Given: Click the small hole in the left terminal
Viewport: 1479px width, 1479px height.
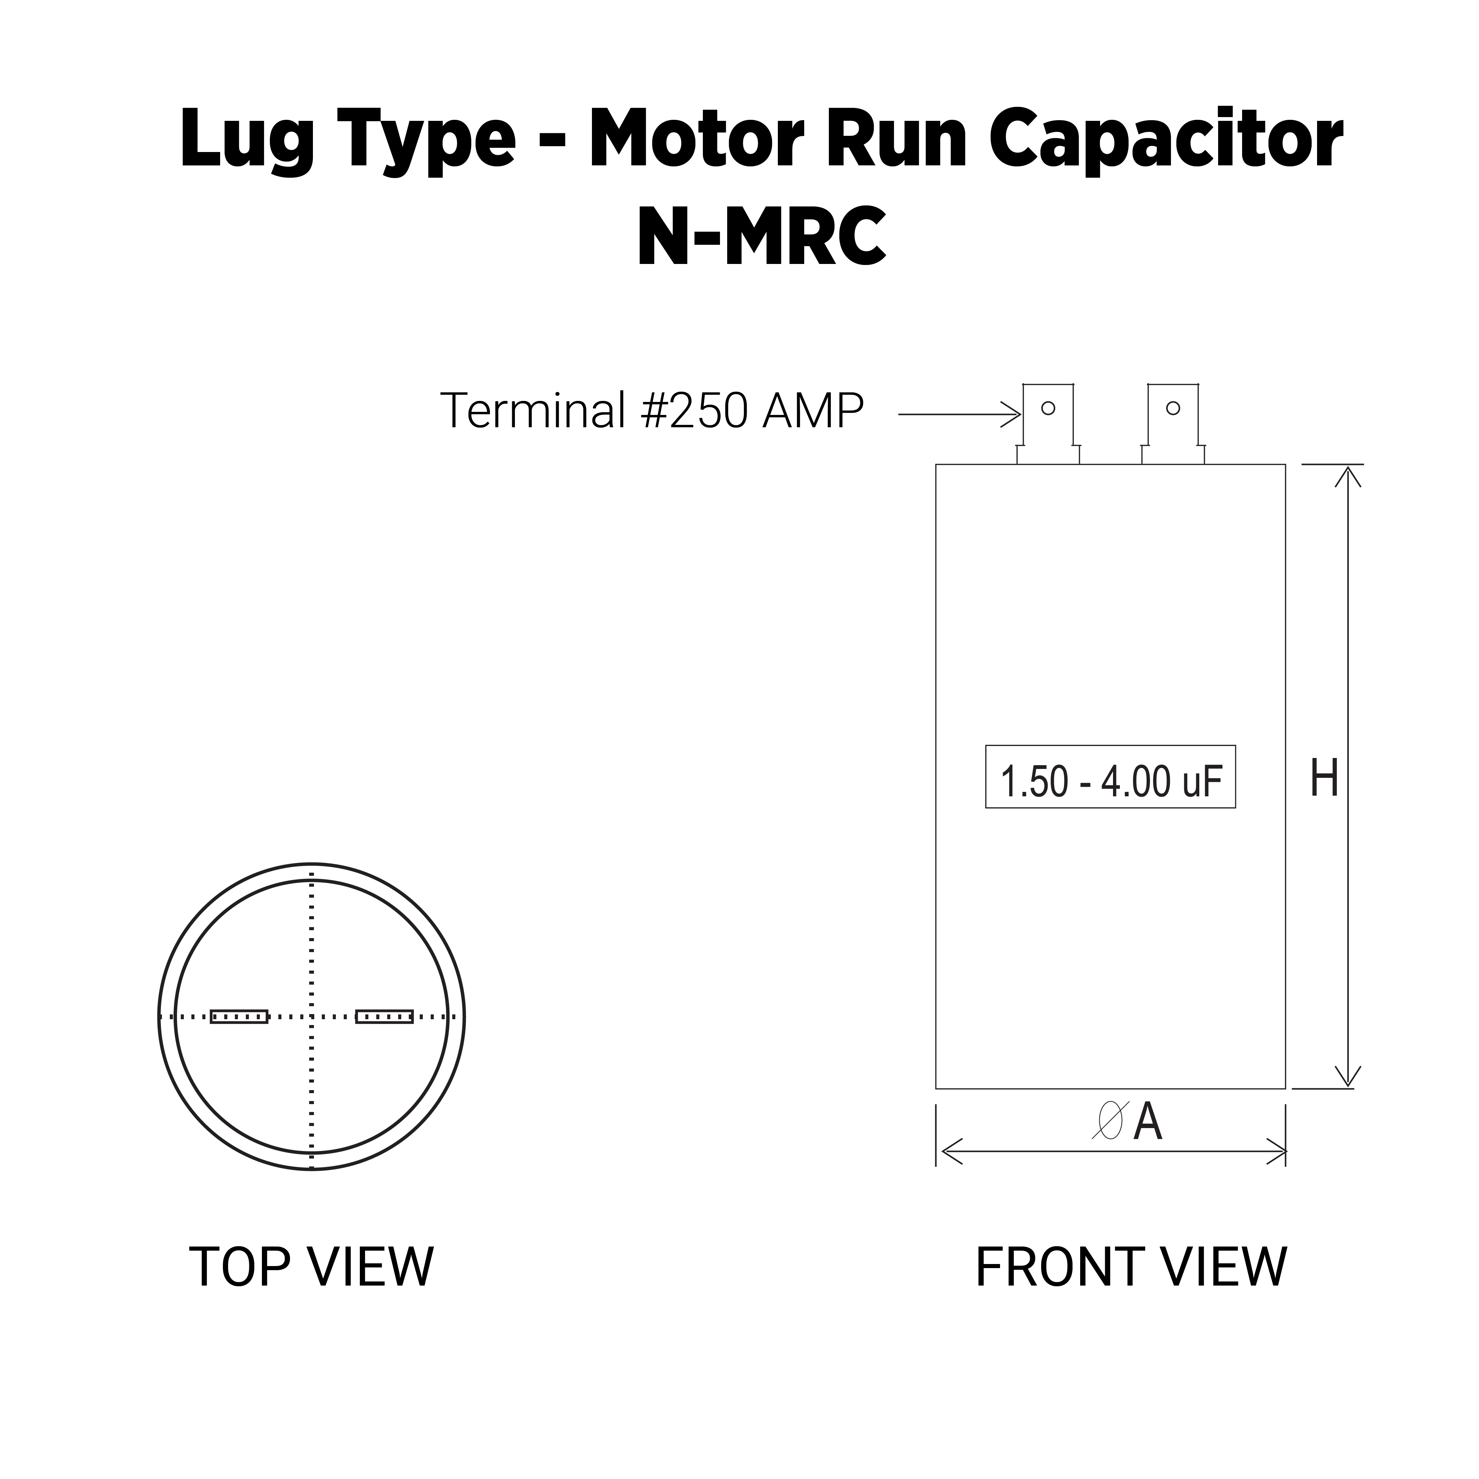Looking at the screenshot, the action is [x=1048, y=408].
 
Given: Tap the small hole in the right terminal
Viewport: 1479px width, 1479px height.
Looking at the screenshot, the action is [x=1173, y=408].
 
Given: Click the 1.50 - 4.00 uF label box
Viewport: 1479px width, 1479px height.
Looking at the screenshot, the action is [x=1110, y=776].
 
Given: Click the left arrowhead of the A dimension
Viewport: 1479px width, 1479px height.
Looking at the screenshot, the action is [x=951, y=1151].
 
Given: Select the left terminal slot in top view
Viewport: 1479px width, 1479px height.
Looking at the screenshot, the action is [x=239, y=1016].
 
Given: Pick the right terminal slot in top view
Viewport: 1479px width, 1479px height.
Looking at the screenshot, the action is [x=384, y=1016].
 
